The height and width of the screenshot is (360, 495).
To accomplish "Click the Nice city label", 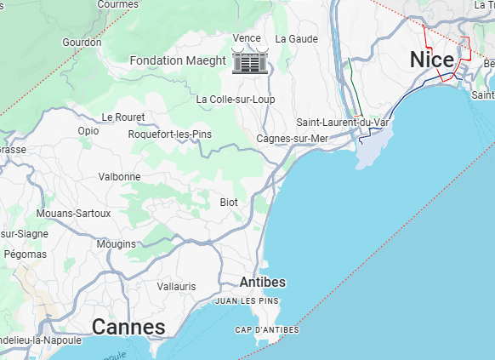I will tap(433, 60).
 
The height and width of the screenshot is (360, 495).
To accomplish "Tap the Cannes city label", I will tap(128, 327).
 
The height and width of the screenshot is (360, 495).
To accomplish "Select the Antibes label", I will tap(263, 282).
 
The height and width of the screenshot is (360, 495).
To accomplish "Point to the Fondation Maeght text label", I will tap(178, 60).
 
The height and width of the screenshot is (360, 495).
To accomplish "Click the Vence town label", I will tap(247, 38).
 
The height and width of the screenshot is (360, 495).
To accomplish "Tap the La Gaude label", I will tap(303, 39).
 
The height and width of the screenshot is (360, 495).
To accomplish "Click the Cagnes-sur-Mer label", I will tap(292, 139).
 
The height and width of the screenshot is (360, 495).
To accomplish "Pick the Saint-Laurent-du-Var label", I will tap(342, 123).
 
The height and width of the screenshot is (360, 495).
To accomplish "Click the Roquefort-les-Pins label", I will tap(169, 134).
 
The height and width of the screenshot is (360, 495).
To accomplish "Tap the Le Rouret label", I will tap(123, 117).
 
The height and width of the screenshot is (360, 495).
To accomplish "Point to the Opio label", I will tap(88, 131).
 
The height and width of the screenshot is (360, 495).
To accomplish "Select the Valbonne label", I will tap(119, 177).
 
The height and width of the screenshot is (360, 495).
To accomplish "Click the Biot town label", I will tap(229, 203).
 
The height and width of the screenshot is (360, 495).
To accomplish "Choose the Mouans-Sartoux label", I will tap(74, 214).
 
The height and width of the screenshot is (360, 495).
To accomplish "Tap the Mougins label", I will tap(117, 244).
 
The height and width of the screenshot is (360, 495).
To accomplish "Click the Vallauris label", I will tap(176, 287).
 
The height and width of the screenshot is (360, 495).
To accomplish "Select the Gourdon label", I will tap(82, 43).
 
